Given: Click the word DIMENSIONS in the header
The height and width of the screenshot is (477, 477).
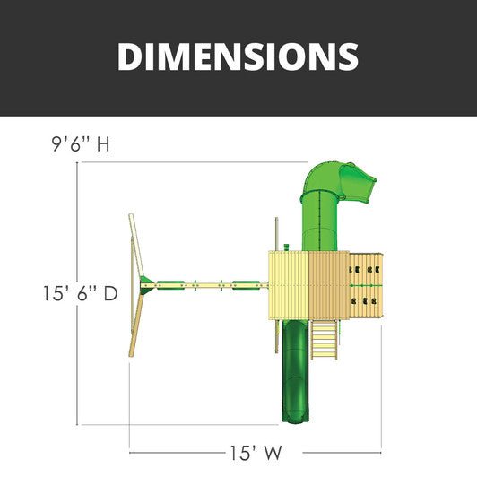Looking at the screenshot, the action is [x=238, y=56].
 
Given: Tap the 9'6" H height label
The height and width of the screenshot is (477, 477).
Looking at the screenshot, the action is [x=81, y=144].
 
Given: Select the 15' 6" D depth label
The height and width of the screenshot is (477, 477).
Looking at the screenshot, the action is [x=81, y=293].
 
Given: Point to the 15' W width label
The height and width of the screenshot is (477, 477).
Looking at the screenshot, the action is [x=256, y=453].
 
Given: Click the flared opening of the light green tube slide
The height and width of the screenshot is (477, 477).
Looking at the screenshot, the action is [x=359, y=184].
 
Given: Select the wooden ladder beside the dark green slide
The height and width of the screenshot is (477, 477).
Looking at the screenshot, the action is [x=324, y=340].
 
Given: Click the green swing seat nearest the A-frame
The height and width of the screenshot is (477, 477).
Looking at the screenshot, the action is [x=170, y=285].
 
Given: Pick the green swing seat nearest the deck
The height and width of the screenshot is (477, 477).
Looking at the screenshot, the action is [x=246, y=285].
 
